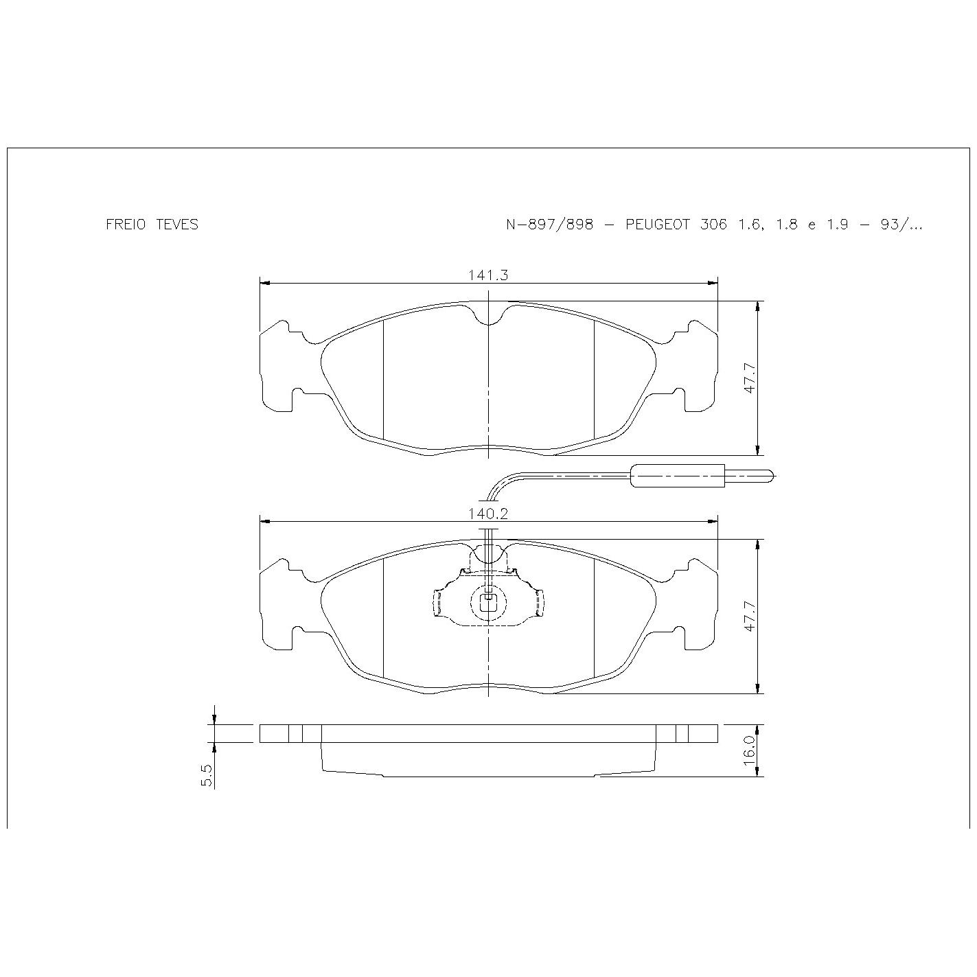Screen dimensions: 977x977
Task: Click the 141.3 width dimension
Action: point(487,275)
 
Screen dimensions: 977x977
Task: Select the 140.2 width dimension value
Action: point(487,514)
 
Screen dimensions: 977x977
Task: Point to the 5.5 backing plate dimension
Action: point(207,775)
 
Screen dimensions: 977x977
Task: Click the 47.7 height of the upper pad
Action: point(750,378)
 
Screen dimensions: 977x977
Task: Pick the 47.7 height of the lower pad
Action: point(750,616)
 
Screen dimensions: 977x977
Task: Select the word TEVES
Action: point(177,225)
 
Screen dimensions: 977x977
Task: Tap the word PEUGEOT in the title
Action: point(658,225)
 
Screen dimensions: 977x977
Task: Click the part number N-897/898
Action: point(549,225)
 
